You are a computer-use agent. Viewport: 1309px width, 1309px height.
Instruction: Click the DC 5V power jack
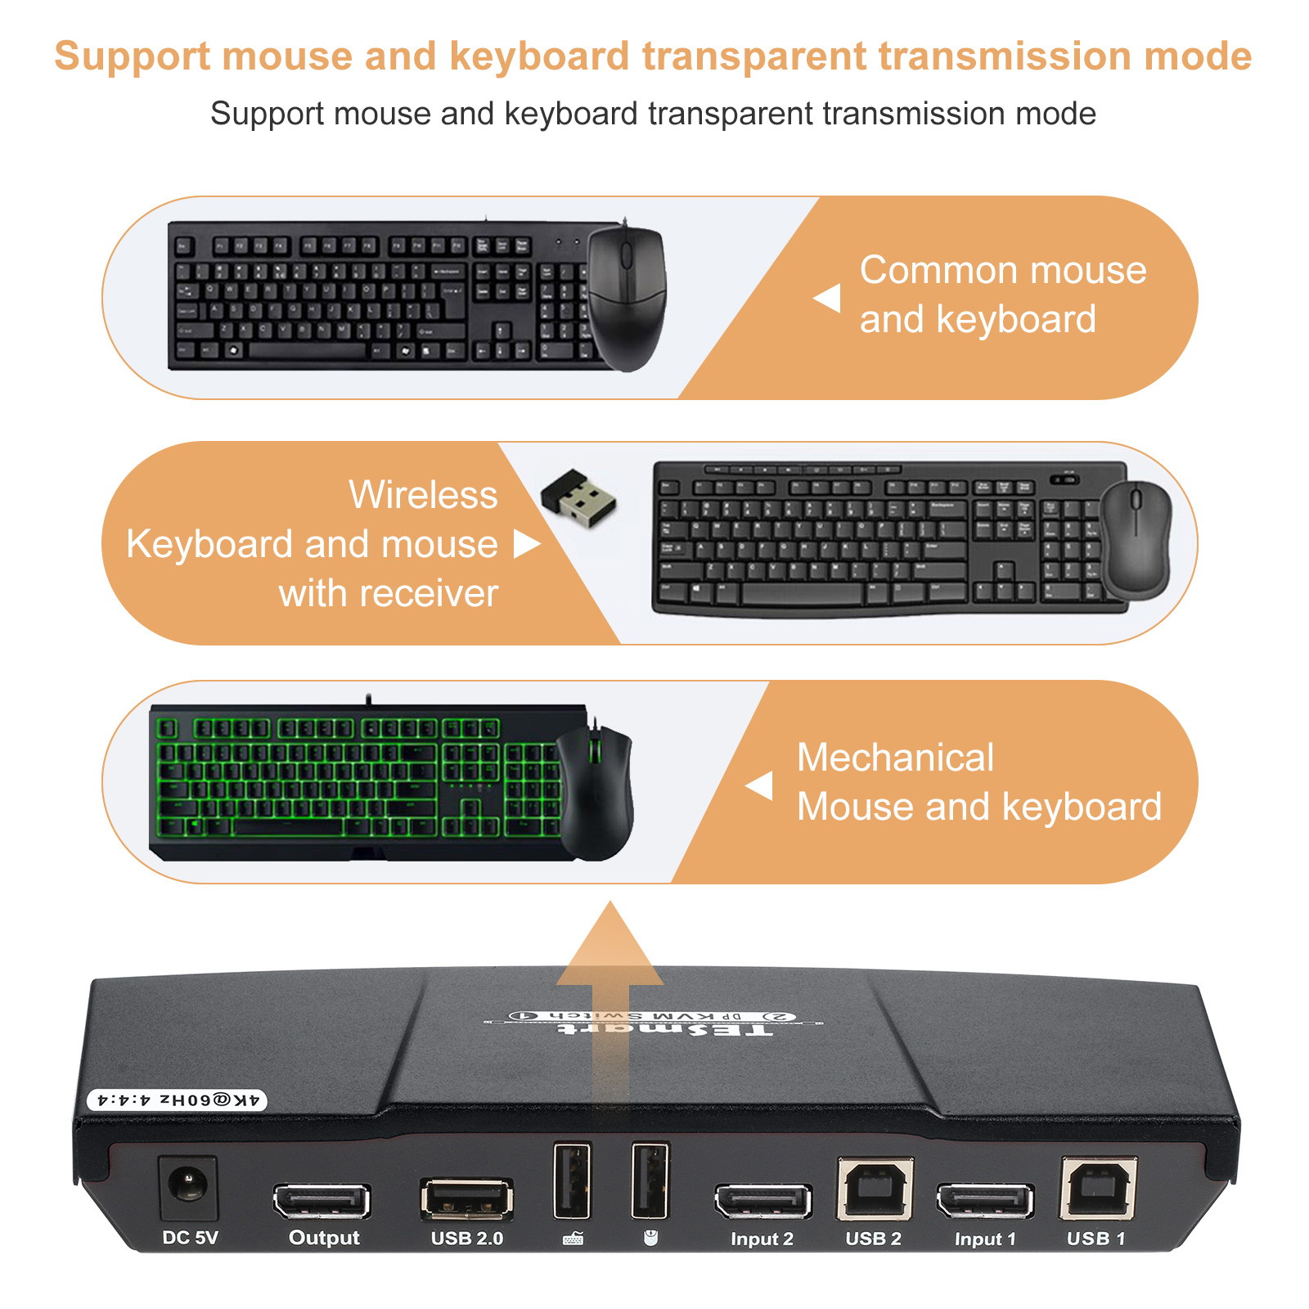pos(188,1187)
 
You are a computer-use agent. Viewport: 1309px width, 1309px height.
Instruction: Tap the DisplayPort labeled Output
pos(322,1201)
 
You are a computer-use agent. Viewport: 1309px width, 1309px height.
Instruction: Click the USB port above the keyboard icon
pos(572,1181)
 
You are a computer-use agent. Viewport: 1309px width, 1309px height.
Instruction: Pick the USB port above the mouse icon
pos(650,1181)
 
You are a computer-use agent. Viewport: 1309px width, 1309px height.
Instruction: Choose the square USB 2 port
pos(875,1189)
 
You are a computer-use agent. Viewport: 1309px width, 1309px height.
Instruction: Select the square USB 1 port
pos(1098,1189)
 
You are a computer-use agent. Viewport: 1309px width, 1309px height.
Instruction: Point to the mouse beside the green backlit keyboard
pos(596,791)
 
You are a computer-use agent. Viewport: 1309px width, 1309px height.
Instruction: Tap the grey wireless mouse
pos(1136,540)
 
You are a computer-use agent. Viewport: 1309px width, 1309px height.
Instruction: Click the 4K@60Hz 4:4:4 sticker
pos(178,1100)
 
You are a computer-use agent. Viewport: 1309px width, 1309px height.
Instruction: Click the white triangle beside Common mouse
pos(828,298)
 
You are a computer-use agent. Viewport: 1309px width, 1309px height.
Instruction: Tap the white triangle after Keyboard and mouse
pos(526,544)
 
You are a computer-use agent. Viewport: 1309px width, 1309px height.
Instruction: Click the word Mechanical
pos(895,757)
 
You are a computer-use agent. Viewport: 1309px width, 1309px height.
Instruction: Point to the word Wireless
pos(423,494)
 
